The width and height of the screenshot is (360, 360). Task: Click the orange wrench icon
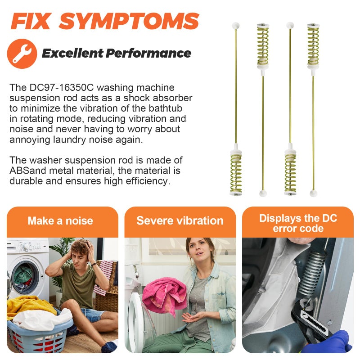(22, 54)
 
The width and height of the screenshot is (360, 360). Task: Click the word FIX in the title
(31, 21)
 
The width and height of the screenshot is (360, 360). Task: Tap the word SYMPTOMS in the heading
(129, 21)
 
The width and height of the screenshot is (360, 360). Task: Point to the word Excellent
(72, 53)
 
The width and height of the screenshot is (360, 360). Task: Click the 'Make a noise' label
(60, 220)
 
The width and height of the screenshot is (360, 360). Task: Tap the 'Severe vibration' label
(180, 220)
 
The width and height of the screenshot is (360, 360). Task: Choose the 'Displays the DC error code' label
(298, 223)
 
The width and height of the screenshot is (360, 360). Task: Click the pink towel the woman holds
(164, 295)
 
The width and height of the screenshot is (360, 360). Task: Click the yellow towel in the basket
(29, 306)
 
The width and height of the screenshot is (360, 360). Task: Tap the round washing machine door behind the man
(26, 277)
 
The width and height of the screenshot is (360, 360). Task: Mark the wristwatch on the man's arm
(94, 264)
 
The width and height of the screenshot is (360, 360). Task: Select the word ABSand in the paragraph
(27, 171)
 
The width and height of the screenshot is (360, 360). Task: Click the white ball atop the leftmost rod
(235, 26)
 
